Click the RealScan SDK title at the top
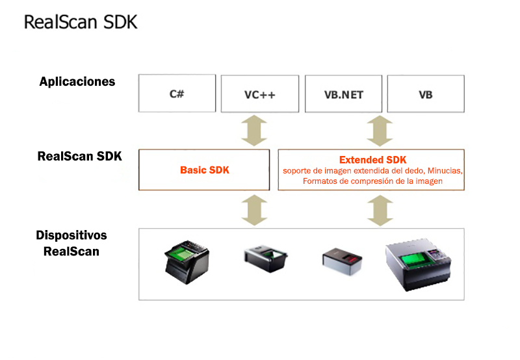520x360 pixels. (81, 21)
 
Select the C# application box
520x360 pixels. (177, 93)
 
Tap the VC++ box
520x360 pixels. (260, 94)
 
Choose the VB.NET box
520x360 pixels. (343, 94)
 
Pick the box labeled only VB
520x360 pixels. (426, 94)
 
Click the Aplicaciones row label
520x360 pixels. (77, 82)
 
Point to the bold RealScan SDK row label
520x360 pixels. (80, 156)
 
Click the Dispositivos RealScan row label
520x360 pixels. (71, 243)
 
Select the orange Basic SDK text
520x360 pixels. (205, 170)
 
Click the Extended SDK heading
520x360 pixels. (372, 160)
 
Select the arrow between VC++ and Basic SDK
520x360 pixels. (253, 130)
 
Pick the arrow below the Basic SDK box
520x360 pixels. (253, 209)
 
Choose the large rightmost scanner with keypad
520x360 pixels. (419, 263)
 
